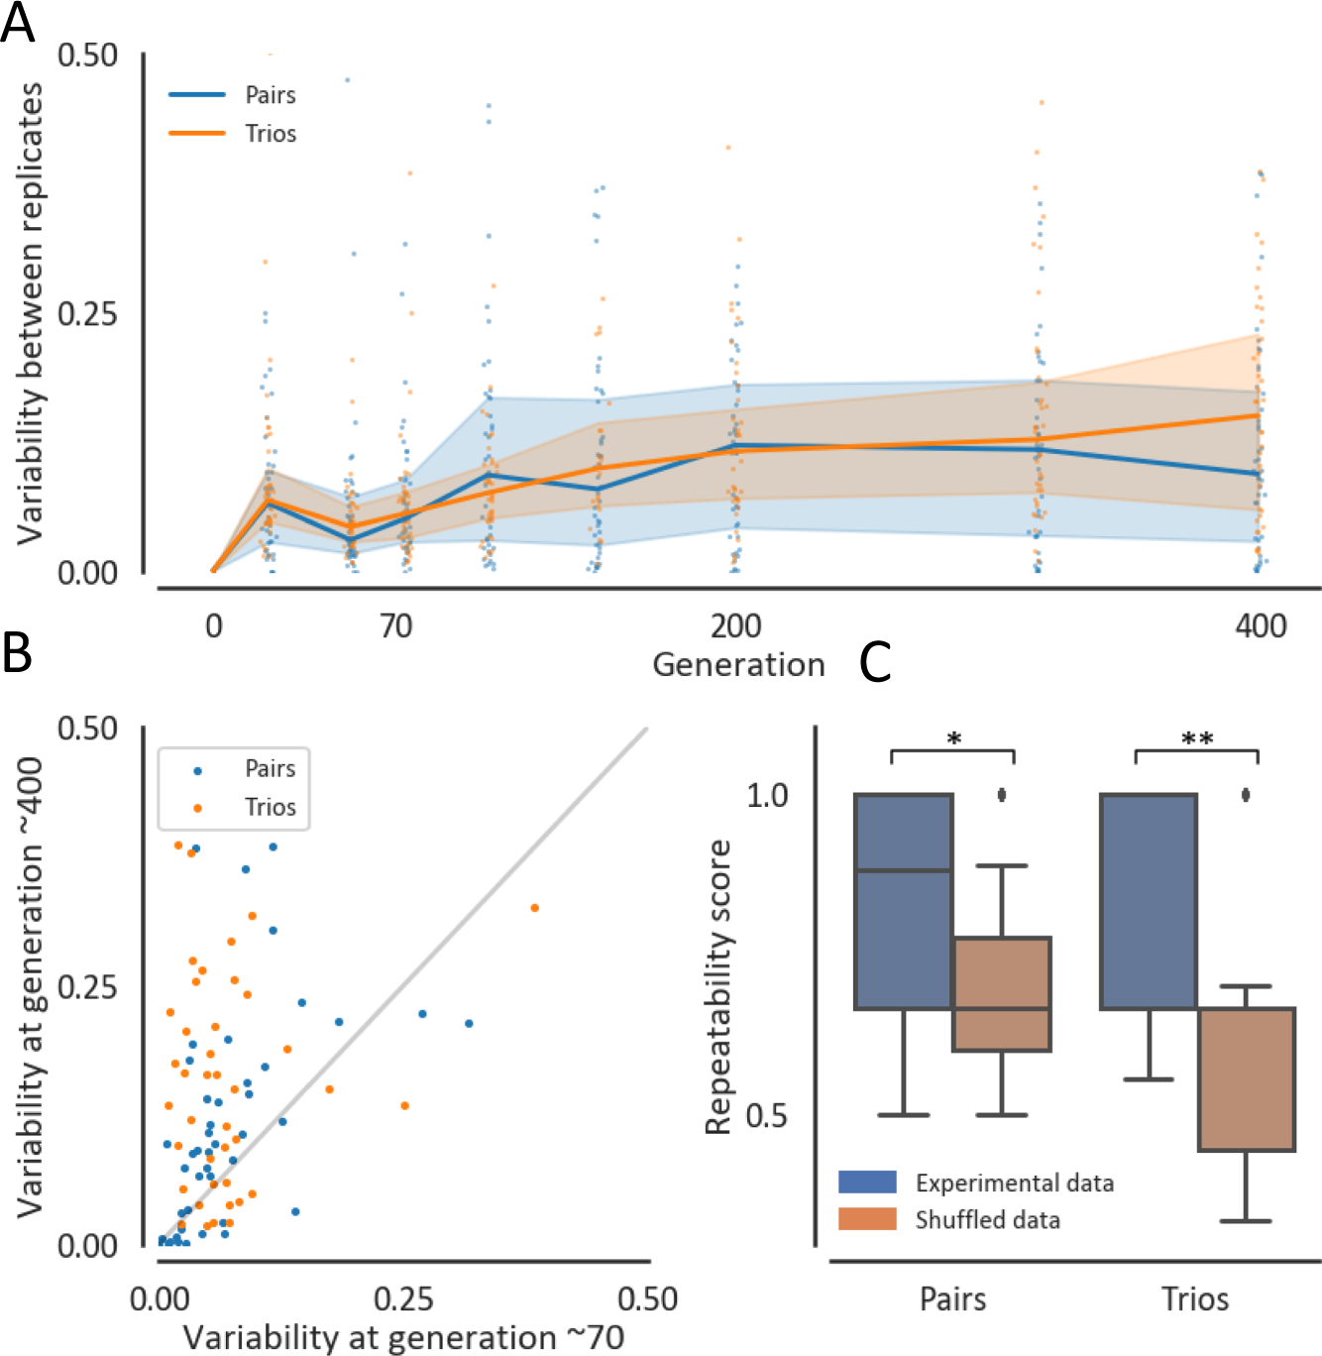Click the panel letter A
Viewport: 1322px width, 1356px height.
click(x=18, y=22)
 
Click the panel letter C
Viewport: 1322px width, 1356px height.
click(x=875, y=662)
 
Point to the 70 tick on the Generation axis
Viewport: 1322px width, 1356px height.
click(x=395, y=626)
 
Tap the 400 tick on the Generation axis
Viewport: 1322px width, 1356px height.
click(x=1261, y=626)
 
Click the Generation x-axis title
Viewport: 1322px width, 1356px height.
click(x=738, y=664)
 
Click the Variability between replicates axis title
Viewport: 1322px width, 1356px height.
click(x=30, y=313)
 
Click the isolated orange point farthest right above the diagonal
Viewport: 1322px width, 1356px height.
click(x=534, y=908)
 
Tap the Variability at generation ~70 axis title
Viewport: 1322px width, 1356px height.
click(x=404, y=1337)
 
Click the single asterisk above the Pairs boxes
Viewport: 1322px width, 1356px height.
click(x=953, y=739)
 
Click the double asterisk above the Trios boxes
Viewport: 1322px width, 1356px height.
click(x=1196, y=739)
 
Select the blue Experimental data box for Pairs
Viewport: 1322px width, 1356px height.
click(x=903, y=901)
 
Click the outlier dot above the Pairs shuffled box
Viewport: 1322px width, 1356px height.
click(x=1002, y=794)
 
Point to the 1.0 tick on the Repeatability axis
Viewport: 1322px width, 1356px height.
click(x=766, y=795)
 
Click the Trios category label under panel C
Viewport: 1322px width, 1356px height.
click(x=1195, y=1299)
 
